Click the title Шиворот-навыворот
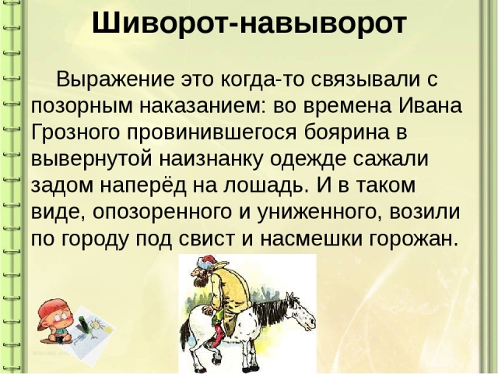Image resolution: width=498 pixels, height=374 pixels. (249, 23)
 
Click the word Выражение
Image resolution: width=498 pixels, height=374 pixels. (115, 79)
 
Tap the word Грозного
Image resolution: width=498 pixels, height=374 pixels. (75, 132)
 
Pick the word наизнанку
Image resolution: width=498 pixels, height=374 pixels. (210, 159)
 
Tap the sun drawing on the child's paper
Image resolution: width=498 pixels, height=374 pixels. (95, 326)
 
